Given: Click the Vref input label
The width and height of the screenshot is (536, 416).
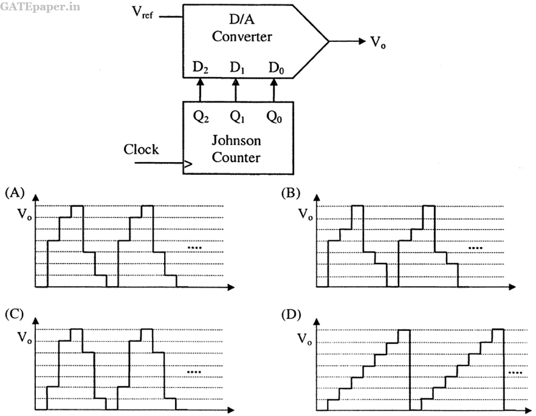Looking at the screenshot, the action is [143, 13].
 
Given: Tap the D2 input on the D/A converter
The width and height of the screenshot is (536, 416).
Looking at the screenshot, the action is [201, 67].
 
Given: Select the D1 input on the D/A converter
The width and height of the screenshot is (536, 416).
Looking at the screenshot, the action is [237, 67].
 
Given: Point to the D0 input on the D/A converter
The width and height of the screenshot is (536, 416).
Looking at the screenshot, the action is [276, 67].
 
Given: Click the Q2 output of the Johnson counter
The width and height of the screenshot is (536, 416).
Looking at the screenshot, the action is [201, 117].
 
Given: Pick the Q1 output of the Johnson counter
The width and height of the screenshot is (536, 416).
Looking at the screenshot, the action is [237, 117].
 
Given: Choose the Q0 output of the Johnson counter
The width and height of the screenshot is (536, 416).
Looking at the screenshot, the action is [274, 117].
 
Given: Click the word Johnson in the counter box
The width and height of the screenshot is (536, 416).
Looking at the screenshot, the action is [236, 140].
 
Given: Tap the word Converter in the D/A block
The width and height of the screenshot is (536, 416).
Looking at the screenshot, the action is [242, 36].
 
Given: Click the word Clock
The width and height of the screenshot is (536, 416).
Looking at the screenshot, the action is [141, 149].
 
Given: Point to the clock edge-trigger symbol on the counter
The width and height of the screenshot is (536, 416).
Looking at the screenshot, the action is [188, 165].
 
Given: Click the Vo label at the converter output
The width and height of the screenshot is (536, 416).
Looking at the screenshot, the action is [378, 43].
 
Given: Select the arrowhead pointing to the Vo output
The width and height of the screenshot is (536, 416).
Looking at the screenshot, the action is [362, 41].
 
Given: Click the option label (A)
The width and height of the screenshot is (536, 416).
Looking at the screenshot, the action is [15, 193].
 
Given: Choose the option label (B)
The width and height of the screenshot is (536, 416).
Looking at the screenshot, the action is [290, 193].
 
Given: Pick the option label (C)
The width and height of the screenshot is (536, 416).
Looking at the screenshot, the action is [15, 315].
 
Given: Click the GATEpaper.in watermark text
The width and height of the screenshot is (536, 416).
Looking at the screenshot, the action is [40, 7].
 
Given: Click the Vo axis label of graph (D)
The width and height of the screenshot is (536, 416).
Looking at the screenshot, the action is [305, 339].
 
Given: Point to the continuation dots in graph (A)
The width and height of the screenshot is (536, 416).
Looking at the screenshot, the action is [194, 248].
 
